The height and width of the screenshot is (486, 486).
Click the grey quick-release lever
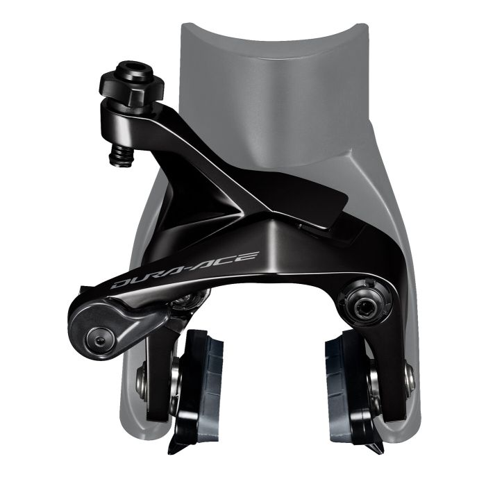coord(108,326)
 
